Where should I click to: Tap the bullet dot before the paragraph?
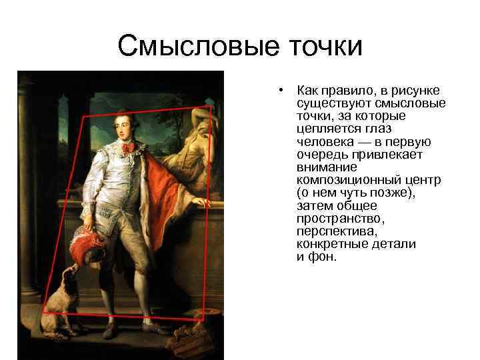pos(283,90)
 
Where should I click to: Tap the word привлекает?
pos(385,154)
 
